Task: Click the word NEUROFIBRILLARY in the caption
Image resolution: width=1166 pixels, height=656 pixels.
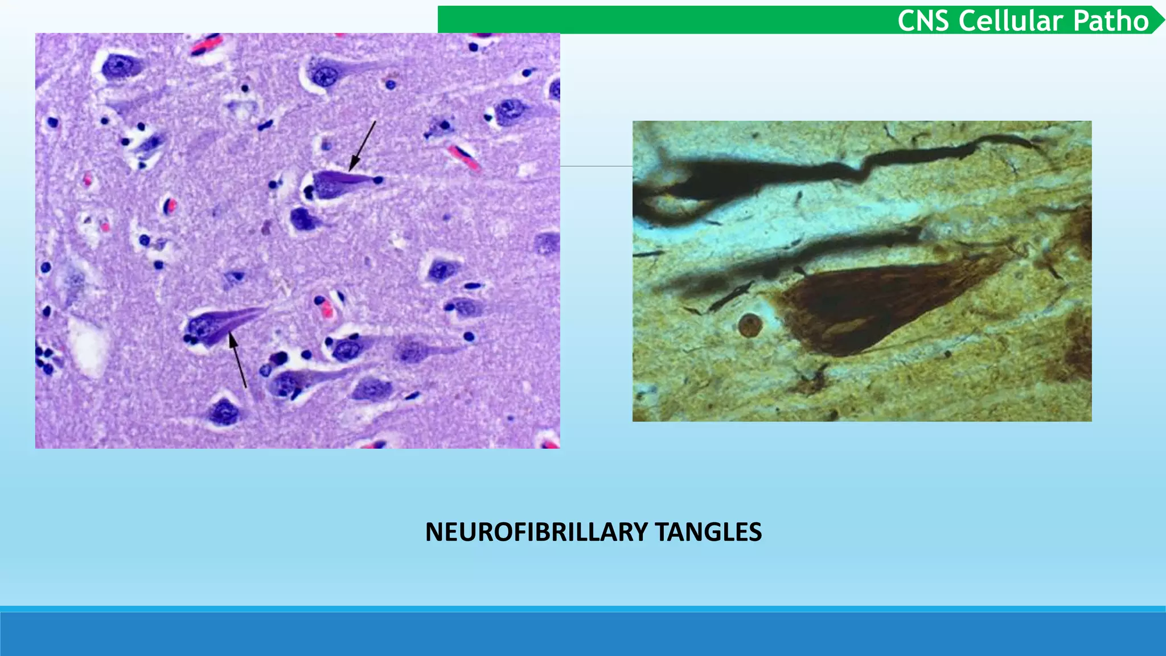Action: (x=536, y=532)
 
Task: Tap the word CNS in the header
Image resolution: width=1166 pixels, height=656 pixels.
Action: (x=923, y=21)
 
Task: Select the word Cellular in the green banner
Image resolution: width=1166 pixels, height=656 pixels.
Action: (x=1011, y=21)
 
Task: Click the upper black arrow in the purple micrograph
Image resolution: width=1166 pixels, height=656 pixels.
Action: (x=363, y=146)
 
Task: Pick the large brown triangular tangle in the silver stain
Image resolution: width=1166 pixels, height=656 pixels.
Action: (x=871, y=307)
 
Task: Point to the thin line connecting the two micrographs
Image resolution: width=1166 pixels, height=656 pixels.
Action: (x=596, y=166)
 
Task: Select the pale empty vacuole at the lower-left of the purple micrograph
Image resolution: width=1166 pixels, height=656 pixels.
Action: (x=89, y=346)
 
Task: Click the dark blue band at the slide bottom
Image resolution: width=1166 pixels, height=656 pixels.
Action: (x=583, y=633)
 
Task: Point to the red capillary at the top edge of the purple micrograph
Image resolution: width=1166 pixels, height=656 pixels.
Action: (x=207, y=44)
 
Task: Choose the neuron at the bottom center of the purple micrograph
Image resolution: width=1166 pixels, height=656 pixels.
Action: (x=224, y=412)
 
